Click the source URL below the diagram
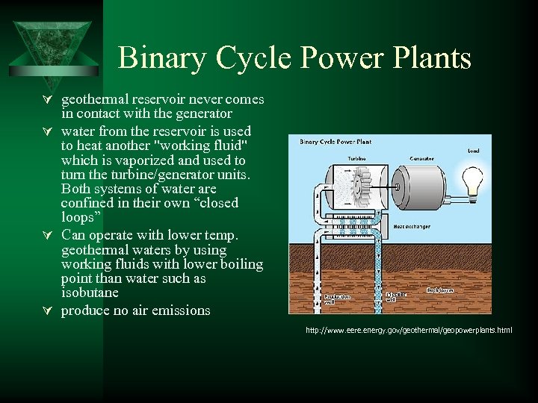coord(409,330)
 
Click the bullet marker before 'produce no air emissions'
coord(48,310)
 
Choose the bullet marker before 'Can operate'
coord(48,237)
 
